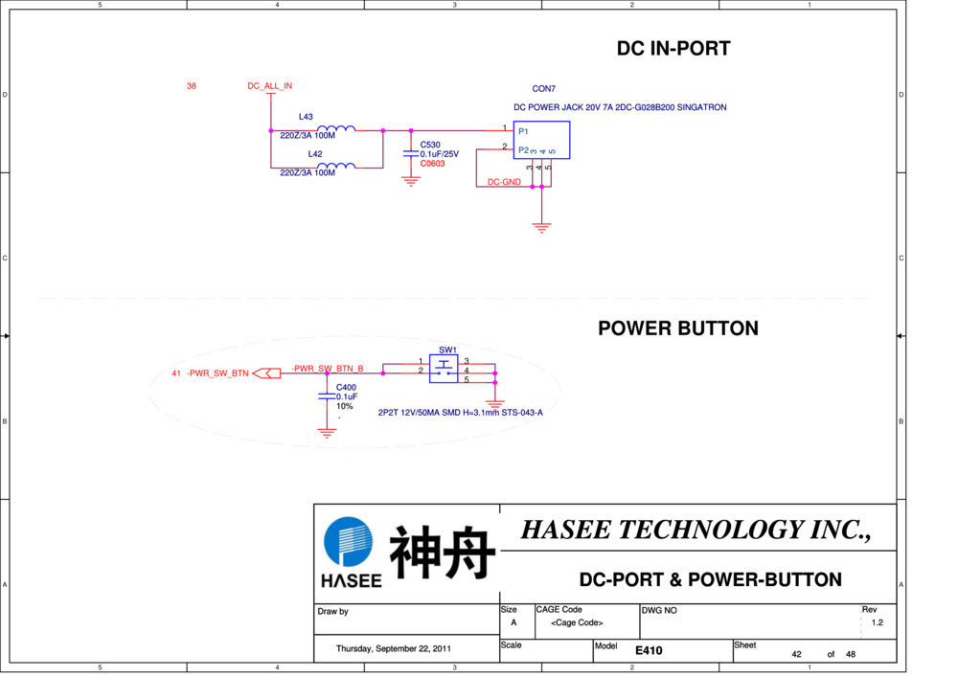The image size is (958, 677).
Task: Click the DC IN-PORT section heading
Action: click(673, 49)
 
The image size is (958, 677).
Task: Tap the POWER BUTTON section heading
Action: click(677, 328)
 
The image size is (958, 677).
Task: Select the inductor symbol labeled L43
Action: click(336, 129)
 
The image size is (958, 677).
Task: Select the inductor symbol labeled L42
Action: click(336, 166)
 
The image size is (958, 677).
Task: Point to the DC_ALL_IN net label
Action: click(269, 86)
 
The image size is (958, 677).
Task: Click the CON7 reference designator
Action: click(544, 89)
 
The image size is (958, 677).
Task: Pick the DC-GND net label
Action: click(504, 182)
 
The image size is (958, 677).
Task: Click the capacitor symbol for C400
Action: click(328, 395)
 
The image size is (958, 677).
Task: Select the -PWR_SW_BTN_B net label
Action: click(328, 368)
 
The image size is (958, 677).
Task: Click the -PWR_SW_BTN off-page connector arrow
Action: click(267, 373)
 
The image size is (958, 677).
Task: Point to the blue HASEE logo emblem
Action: click(349, 543)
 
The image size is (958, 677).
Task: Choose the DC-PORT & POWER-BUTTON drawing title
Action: click(710, 579)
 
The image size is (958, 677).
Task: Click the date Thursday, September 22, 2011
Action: click(393, 649)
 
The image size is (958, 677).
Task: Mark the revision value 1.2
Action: click(877, 622)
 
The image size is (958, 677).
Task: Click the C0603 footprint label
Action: click(432, 164)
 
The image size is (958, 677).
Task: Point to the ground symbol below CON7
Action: click(542, 229)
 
